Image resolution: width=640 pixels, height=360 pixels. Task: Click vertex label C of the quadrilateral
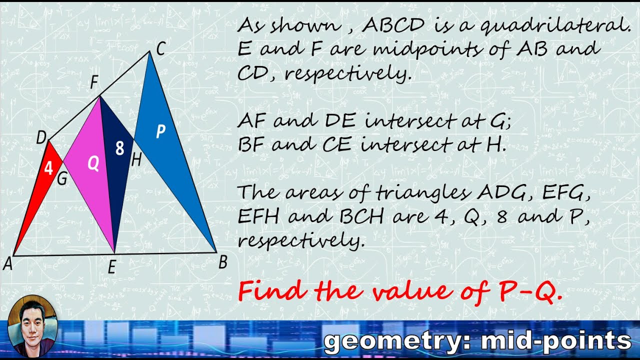[160, 49]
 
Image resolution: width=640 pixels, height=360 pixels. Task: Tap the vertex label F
[93, 83]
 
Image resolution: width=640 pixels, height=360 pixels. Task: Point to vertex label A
[7, 263]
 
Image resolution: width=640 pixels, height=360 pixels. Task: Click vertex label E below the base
[111, 268]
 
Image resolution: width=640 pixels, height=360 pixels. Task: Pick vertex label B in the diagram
[223, 261]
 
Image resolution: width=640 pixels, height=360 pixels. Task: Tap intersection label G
[62, 179]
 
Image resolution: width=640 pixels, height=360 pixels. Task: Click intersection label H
[136, 160]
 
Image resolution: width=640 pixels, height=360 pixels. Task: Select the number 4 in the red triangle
[48, 168]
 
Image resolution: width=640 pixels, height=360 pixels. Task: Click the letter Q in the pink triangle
[93, 163]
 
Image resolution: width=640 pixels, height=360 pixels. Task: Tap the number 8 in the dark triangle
[119, 148]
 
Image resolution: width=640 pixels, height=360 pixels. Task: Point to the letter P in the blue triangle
[160, 131]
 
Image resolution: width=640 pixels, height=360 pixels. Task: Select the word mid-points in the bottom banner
[555, 341]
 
